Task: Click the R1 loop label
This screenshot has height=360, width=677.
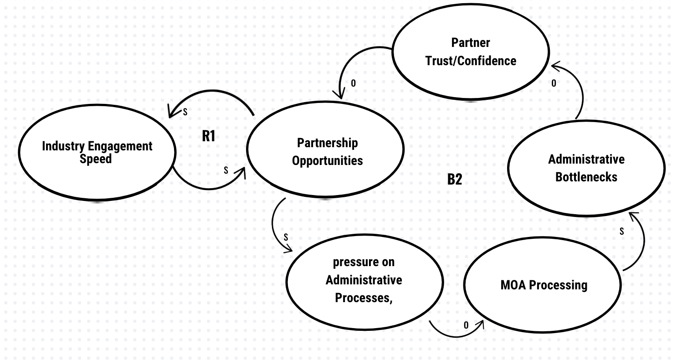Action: pos(209,136)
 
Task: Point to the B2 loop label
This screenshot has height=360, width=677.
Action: pos(454,179)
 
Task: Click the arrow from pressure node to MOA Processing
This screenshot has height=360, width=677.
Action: pos(456,335)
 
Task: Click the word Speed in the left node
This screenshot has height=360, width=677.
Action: pos(96,159)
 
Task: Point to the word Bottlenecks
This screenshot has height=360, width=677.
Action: pos(586,177)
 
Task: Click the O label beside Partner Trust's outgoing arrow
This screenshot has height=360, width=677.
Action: pos(353,83)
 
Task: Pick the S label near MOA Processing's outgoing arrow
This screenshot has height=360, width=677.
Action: pos(621,232)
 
